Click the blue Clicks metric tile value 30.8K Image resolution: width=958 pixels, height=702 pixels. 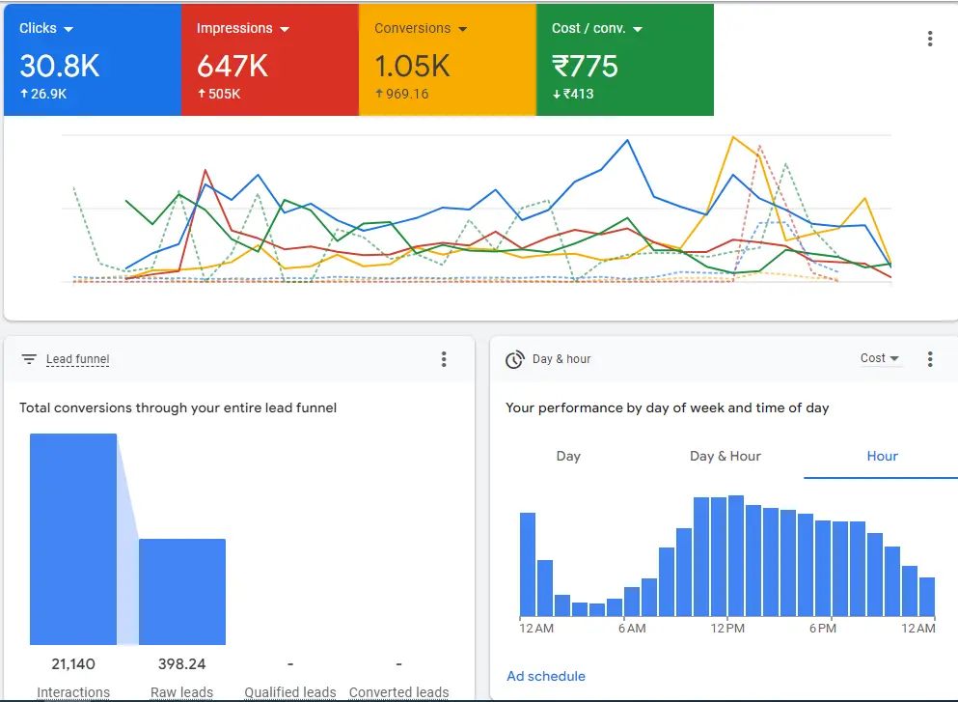pos(59,66)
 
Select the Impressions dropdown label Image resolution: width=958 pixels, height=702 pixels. pos(234,29)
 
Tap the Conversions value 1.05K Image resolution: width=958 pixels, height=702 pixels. pos(412,66)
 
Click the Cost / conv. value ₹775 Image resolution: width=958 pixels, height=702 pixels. pos(585,66)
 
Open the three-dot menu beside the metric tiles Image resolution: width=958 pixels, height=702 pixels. pos(929,39)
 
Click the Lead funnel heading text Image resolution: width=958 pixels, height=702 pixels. pos(77,359)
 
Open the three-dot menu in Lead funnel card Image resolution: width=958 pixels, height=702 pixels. pos(444,359)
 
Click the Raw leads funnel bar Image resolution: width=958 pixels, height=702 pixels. pos(182,591)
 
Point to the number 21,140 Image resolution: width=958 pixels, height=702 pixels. pos(73,664)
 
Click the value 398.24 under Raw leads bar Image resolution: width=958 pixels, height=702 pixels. pos(181,664)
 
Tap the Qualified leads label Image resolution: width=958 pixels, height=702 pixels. pos(290,691)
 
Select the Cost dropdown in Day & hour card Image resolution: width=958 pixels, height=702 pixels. pos(879,358)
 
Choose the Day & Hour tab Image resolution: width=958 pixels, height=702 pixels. pos(725,456)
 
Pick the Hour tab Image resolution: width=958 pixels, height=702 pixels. pos(882,456)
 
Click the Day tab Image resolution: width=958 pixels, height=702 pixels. pos(568,456)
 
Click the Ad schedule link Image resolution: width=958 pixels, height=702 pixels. pos(546,676)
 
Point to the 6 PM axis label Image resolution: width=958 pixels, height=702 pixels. pos(822,629)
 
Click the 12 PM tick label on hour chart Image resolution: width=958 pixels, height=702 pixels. pos(727,629)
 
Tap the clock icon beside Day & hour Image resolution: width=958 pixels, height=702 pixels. pos(515,359)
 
